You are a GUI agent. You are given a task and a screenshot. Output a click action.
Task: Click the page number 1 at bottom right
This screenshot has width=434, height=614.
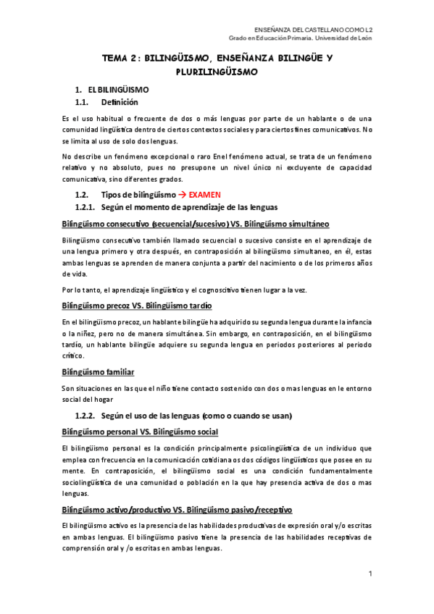pos(370,574)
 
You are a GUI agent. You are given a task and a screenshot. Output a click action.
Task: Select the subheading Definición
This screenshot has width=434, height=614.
pos(120,102)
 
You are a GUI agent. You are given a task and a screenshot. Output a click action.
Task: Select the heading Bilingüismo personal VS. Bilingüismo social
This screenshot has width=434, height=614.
pos(140,432)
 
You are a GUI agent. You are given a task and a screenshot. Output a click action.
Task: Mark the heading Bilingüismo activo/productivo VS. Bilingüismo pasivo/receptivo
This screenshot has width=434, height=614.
pos(177,510)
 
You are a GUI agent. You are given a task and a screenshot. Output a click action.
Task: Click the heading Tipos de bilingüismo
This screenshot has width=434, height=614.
pos(138,195)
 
